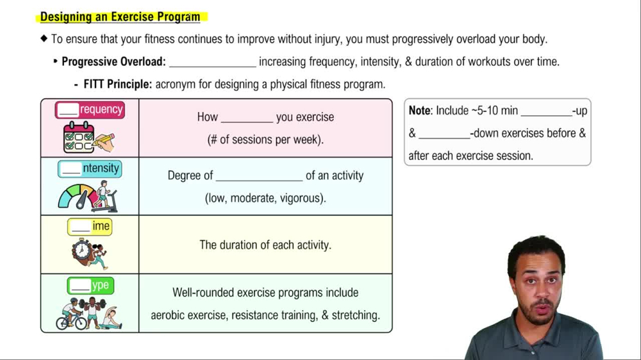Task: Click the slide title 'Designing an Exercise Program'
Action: pos(120,17)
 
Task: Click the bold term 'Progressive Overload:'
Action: pos(113,61)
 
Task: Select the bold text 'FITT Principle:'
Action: pos(118,84)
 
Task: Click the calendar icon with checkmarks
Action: pos(84,136)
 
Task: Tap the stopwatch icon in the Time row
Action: pos(81,250)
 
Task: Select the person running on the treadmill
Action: pos(103,195)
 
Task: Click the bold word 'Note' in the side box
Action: pos(420,110)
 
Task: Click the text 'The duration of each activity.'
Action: pos(265,245)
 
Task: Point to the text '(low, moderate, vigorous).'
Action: pos(265,198)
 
